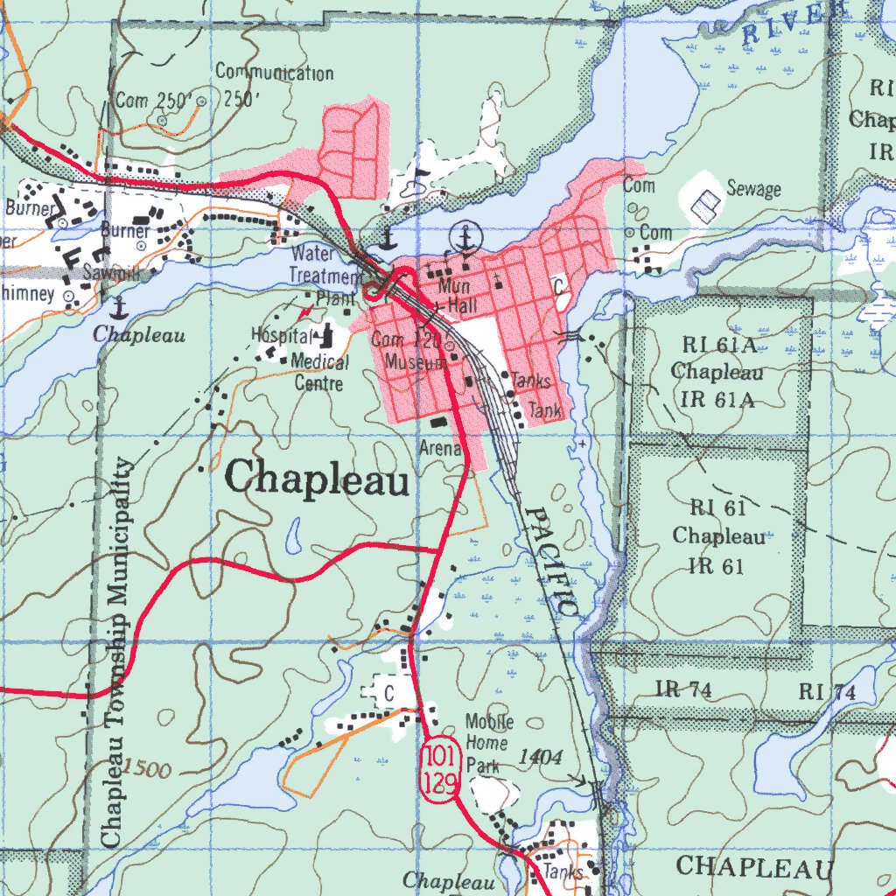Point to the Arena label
click(x=440, y=449)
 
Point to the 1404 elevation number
click(x=540, y=757)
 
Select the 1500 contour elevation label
click(x=147, y=768)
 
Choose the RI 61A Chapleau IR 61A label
click(x=717, y=373)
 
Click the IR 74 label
click(x=682, y=690)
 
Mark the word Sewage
click(x=753, y=188)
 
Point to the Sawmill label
click(x=113, y=274)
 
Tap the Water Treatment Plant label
click(x=325, y=276)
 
